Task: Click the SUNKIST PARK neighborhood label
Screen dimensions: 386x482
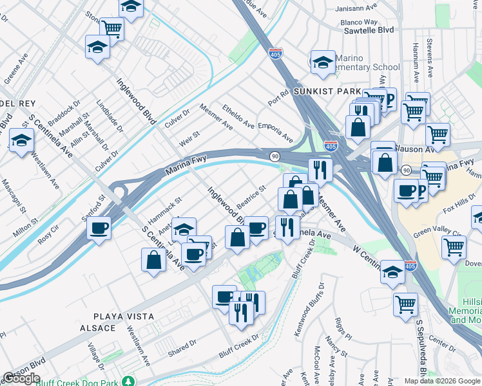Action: click(326, 91)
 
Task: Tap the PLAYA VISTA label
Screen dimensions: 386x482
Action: click(124, 317)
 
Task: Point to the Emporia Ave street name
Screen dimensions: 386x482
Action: click(275, 133)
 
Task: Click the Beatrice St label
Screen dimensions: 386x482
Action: click(251, 196)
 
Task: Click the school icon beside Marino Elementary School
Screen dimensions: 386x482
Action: click(322, 62)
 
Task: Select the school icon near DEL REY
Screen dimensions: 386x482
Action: click(21, 140)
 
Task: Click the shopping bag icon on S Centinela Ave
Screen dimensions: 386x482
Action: click(153, 259)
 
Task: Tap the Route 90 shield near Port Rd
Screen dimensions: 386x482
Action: click(275, 156)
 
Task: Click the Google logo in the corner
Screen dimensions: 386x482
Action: click(21, 378)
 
